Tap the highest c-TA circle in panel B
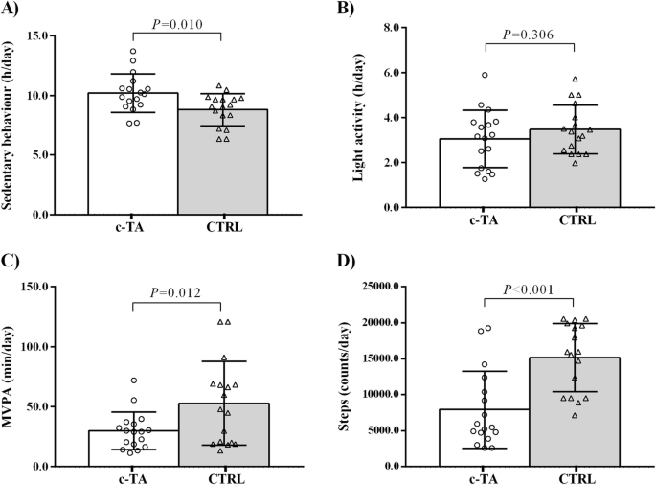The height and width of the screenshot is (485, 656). point(486,75)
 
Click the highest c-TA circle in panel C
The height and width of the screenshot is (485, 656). point(134,381)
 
